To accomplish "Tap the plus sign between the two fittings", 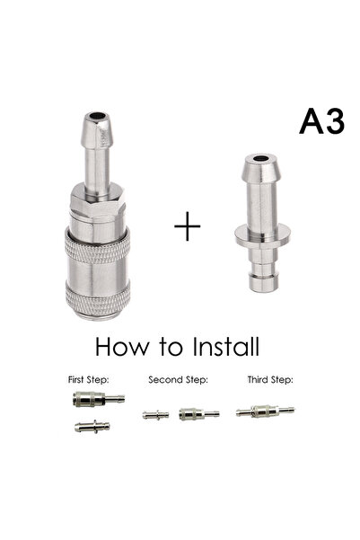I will (x=187, y=226).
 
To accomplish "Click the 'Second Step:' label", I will (x=178, y=379).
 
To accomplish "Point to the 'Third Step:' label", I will (x=269, y=379).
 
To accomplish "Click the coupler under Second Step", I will (x=196, y=413).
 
